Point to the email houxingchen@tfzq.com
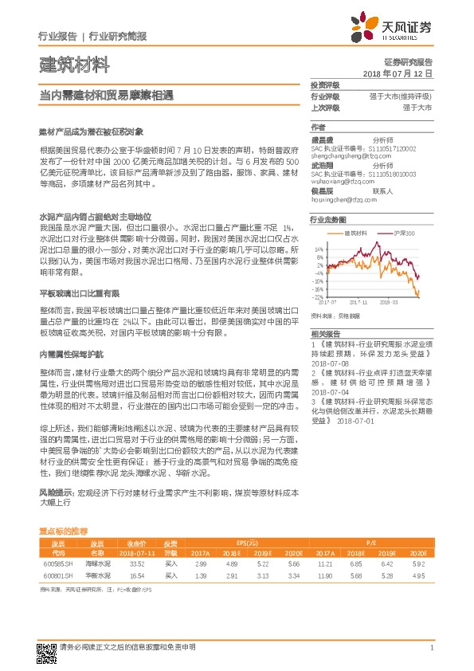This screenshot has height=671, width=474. [343, 200]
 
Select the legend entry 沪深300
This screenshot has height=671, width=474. [404, 233]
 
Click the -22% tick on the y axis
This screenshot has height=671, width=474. [318, 296]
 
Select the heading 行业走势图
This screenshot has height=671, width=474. [328, 219]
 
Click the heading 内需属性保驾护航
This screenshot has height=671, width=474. [71, 354]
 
